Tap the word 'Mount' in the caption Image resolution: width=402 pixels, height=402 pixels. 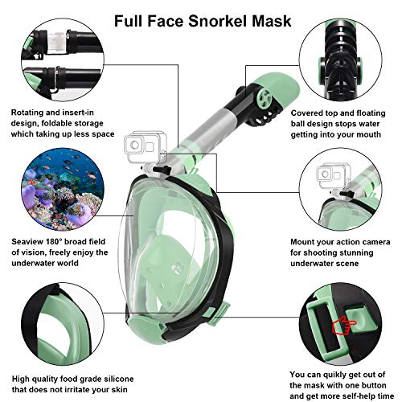301,241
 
